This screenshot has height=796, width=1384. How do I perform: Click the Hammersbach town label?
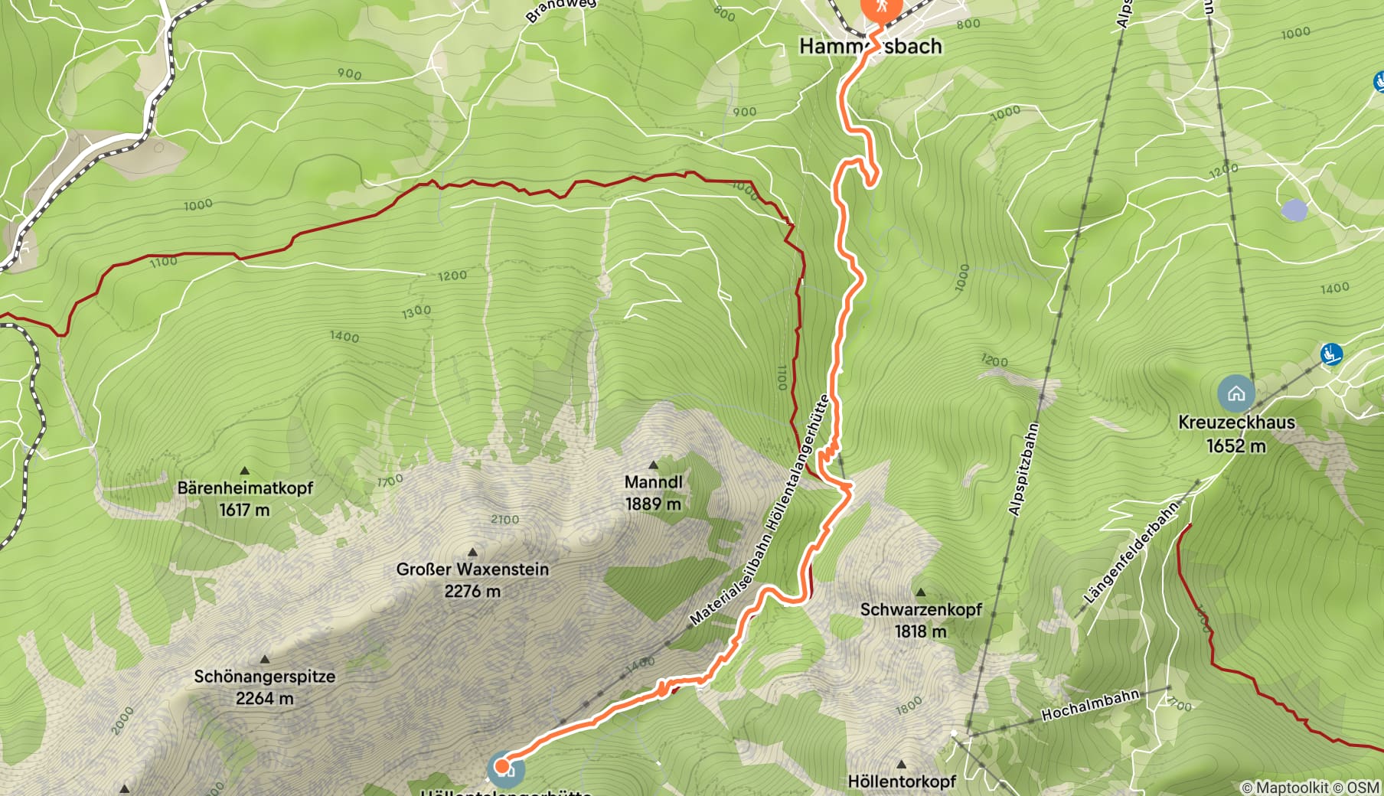(870, 47)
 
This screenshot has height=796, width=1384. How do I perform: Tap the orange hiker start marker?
(883, 7)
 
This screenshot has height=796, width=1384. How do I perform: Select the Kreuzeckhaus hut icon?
(1235, 393)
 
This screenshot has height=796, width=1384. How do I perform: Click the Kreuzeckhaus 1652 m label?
(1235, 433)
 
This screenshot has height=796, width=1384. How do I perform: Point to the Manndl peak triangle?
(653, 465)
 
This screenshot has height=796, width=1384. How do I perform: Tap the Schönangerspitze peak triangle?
(265, 660)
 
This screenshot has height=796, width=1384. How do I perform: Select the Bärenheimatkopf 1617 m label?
(245, 498)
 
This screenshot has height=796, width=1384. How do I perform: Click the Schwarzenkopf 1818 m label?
(920, 620)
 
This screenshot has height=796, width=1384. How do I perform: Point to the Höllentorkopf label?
(901, 781)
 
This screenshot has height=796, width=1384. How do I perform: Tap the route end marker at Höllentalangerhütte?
(502, 765)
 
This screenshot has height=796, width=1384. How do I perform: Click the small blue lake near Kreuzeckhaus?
(1294, 210)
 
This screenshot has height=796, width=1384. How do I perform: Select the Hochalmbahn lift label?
(1090, 705)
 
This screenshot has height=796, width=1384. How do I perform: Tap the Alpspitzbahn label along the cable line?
(1023, 468)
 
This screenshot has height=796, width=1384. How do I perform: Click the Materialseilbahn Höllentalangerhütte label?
(759, 511)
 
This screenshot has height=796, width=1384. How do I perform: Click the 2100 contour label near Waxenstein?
(504, 520)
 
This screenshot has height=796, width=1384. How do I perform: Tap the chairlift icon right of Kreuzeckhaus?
(1331, 354)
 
